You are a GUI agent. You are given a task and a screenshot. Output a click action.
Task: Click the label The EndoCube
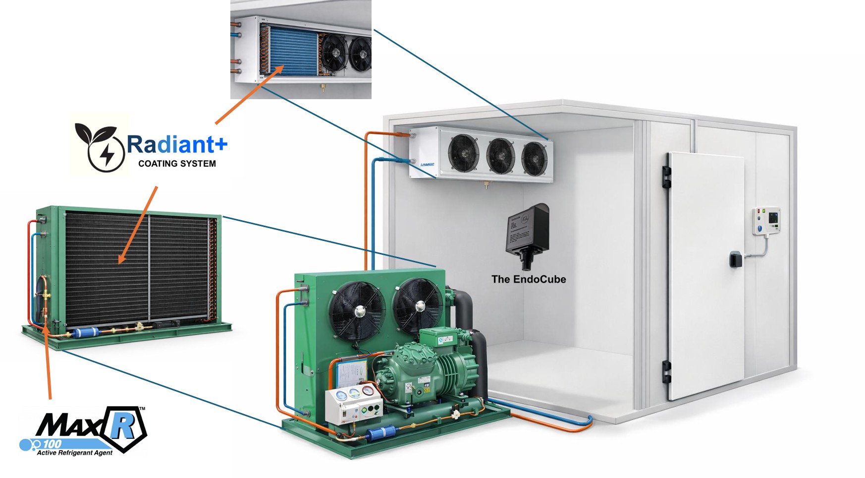(x=528, y=279)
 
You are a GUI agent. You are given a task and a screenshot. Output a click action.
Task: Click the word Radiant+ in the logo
(x=177, y=144)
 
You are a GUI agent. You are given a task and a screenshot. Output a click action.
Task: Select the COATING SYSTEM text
(x=177, y=164)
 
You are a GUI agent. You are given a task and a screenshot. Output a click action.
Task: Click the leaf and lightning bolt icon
(x=99, y=146)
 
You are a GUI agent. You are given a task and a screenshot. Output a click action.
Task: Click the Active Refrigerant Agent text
(x=75, y=453)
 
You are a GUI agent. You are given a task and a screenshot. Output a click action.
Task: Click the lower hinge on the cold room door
(x=666, y=372)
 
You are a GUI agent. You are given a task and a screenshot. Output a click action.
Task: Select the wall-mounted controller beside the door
(x=766, y=221)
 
